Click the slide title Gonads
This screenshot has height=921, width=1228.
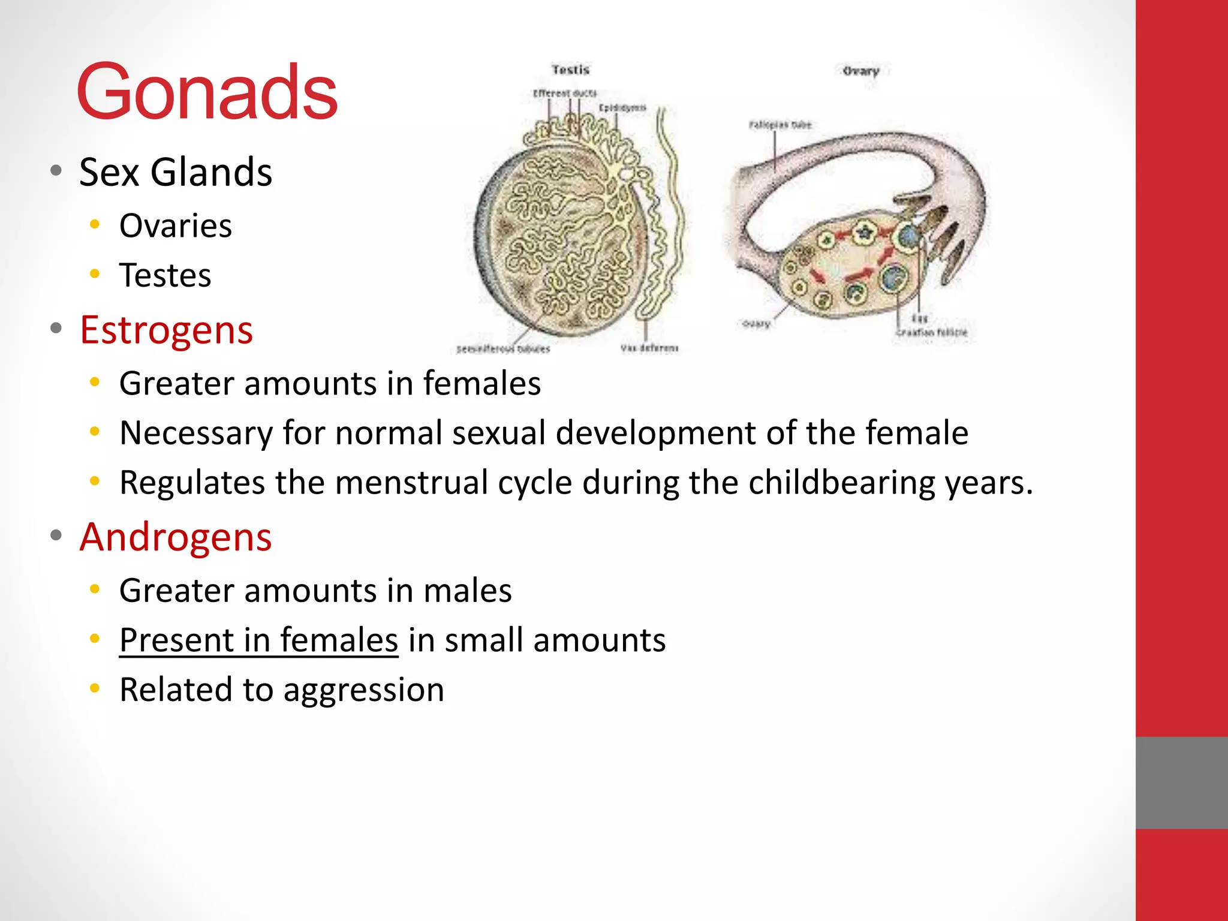point(207,93)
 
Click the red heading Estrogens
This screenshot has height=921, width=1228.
point(166,330)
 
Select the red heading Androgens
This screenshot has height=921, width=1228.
point(176,537)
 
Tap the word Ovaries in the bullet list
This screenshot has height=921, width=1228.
point(175,226)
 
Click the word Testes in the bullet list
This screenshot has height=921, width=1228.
point(165,276)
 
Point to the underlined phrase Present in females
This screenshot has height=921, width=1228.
point(258,640)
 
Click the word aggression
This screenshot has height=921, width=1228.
point(363,690)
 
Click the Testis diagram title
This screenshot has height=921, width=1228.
point(570,70)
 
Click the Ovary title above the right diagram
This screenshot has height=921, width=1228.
point(860,71)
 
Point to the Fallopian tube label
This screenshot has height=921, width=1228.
point(779,125)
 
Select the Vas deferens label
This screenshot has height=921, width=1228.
point(649,348)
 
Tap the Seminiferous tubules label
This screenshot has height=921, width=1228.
point(503,349)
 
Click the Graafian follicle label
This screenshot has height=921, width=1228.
point(931,332)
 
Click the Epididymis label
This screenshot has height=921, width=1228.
point(622,107)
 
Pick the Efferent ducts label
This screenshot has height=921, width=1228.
point(565,93)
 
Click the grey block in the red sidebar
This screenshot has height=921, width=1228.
point(1181,782)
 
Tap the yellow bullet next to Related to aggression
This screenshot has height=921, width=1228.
point(95,688)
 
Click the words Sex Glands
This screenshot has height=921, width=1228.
point(175,173)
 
